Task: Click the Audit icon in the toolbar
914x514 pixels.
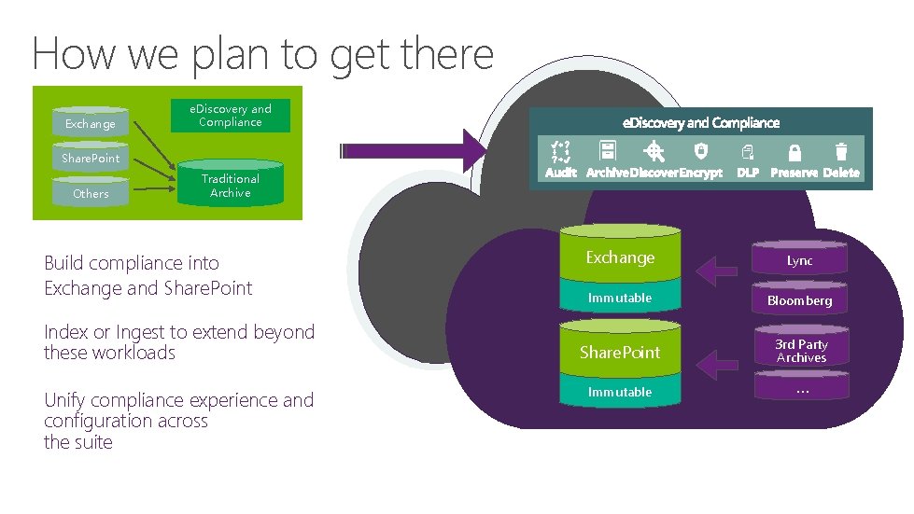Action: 561,151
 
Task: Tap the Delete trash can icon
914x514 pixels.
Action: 841,151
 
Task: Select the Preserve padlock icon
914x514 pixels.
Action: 794,152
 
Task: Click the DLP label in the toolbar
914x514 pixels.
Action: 748,173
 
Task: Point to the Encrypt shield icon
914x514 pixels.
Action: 701,151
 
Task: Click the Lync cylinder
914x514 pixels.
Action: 800,258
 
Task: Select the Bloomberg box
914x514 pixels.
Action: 800,300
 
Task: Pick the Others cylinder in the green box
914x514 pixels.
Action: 91,192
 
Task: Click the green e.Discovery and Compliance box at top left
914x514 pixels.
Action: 230,116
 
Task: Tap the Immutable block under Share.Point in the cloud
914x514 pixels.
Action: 620,392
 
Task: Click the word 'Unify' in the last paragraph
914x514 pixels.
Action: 67,400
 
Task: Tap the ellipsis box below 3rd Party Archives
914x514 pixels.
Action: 801,388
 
